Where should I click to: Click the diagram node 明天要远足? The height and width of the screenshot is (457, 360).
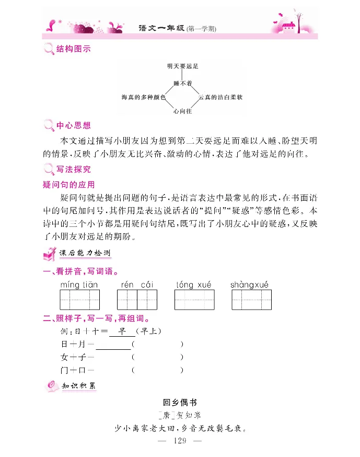(x=183, y=66)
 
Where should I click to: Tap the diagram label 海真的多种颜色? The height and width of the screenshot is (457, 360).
(x=143, y=97)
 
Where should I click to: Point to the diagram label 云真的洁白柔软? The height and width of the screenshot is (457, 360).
(x=220, y=97)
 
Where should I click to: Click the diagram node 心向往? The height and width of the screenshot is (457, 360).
(x=183, y=111)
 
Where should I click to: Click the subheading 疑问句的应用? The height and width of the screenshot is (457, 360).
(x=68, y=185)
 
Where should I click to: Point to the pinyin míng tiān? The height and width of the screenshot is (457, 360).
(x=79, y=284)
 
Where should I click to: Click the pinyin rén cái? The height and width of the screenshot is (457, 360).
(x=137, y=284)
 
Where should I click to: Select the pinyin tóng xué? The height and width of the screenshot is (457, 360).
(x=194, y=284)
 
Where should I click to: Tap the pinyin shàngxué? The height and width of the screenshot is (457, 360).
(x=250, y=284)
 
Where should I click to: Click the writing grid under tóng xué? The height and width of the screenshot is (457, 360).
(x=194, y=300)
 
